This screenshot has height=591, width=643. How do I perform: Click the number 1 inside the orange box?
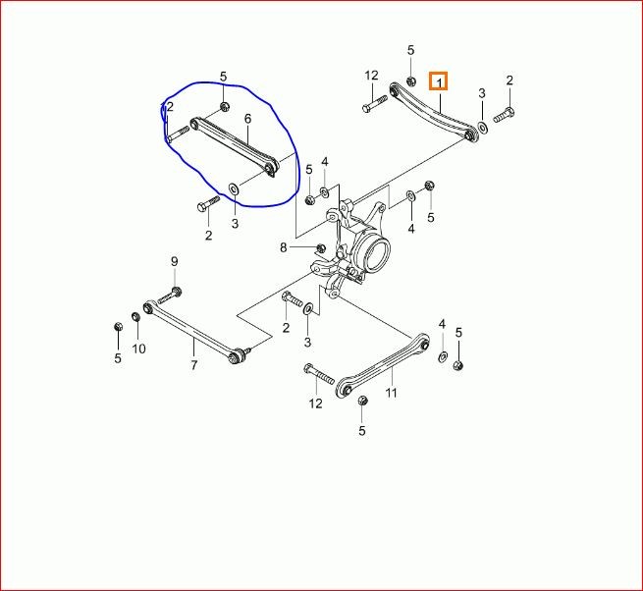439,82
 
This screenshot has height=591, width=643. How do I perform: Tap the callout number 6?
247,119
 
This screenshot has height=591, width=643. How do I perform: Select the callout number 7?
194,364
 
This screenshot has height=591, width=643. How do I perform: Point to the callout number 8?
284,247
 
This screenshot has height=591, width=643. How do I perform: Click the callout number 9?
175,262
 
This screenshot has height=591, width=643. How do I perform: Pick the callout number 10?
138,349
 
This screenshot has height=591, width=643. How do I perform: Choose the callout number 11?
392,393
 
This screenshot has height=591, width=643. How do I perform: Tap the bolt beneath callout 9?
170,295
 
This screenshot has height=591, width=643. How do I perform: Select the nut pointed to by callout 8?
321,247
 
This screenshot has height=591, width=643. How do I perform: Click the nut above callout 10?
135,317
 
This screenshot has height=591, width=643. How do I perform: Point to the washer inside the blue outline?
234,189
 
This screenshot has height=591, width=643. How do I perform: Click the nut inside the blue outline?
224,107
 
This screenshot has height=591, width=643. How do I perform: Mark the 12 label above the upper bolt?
371,76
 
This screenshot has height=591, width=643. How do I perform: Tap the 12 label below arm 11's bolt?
315,403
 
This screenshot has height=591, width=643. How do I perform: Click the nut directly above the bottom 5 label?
362,401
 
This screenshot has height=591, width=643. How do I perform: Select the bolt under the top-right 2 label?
504,115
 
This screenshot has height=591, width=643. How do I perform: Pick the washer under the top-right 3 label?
484,128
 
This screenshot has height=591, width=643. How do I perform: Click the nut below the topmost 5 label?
411,81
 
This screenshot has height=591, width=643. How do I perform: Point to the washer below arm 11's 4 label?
443,356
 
